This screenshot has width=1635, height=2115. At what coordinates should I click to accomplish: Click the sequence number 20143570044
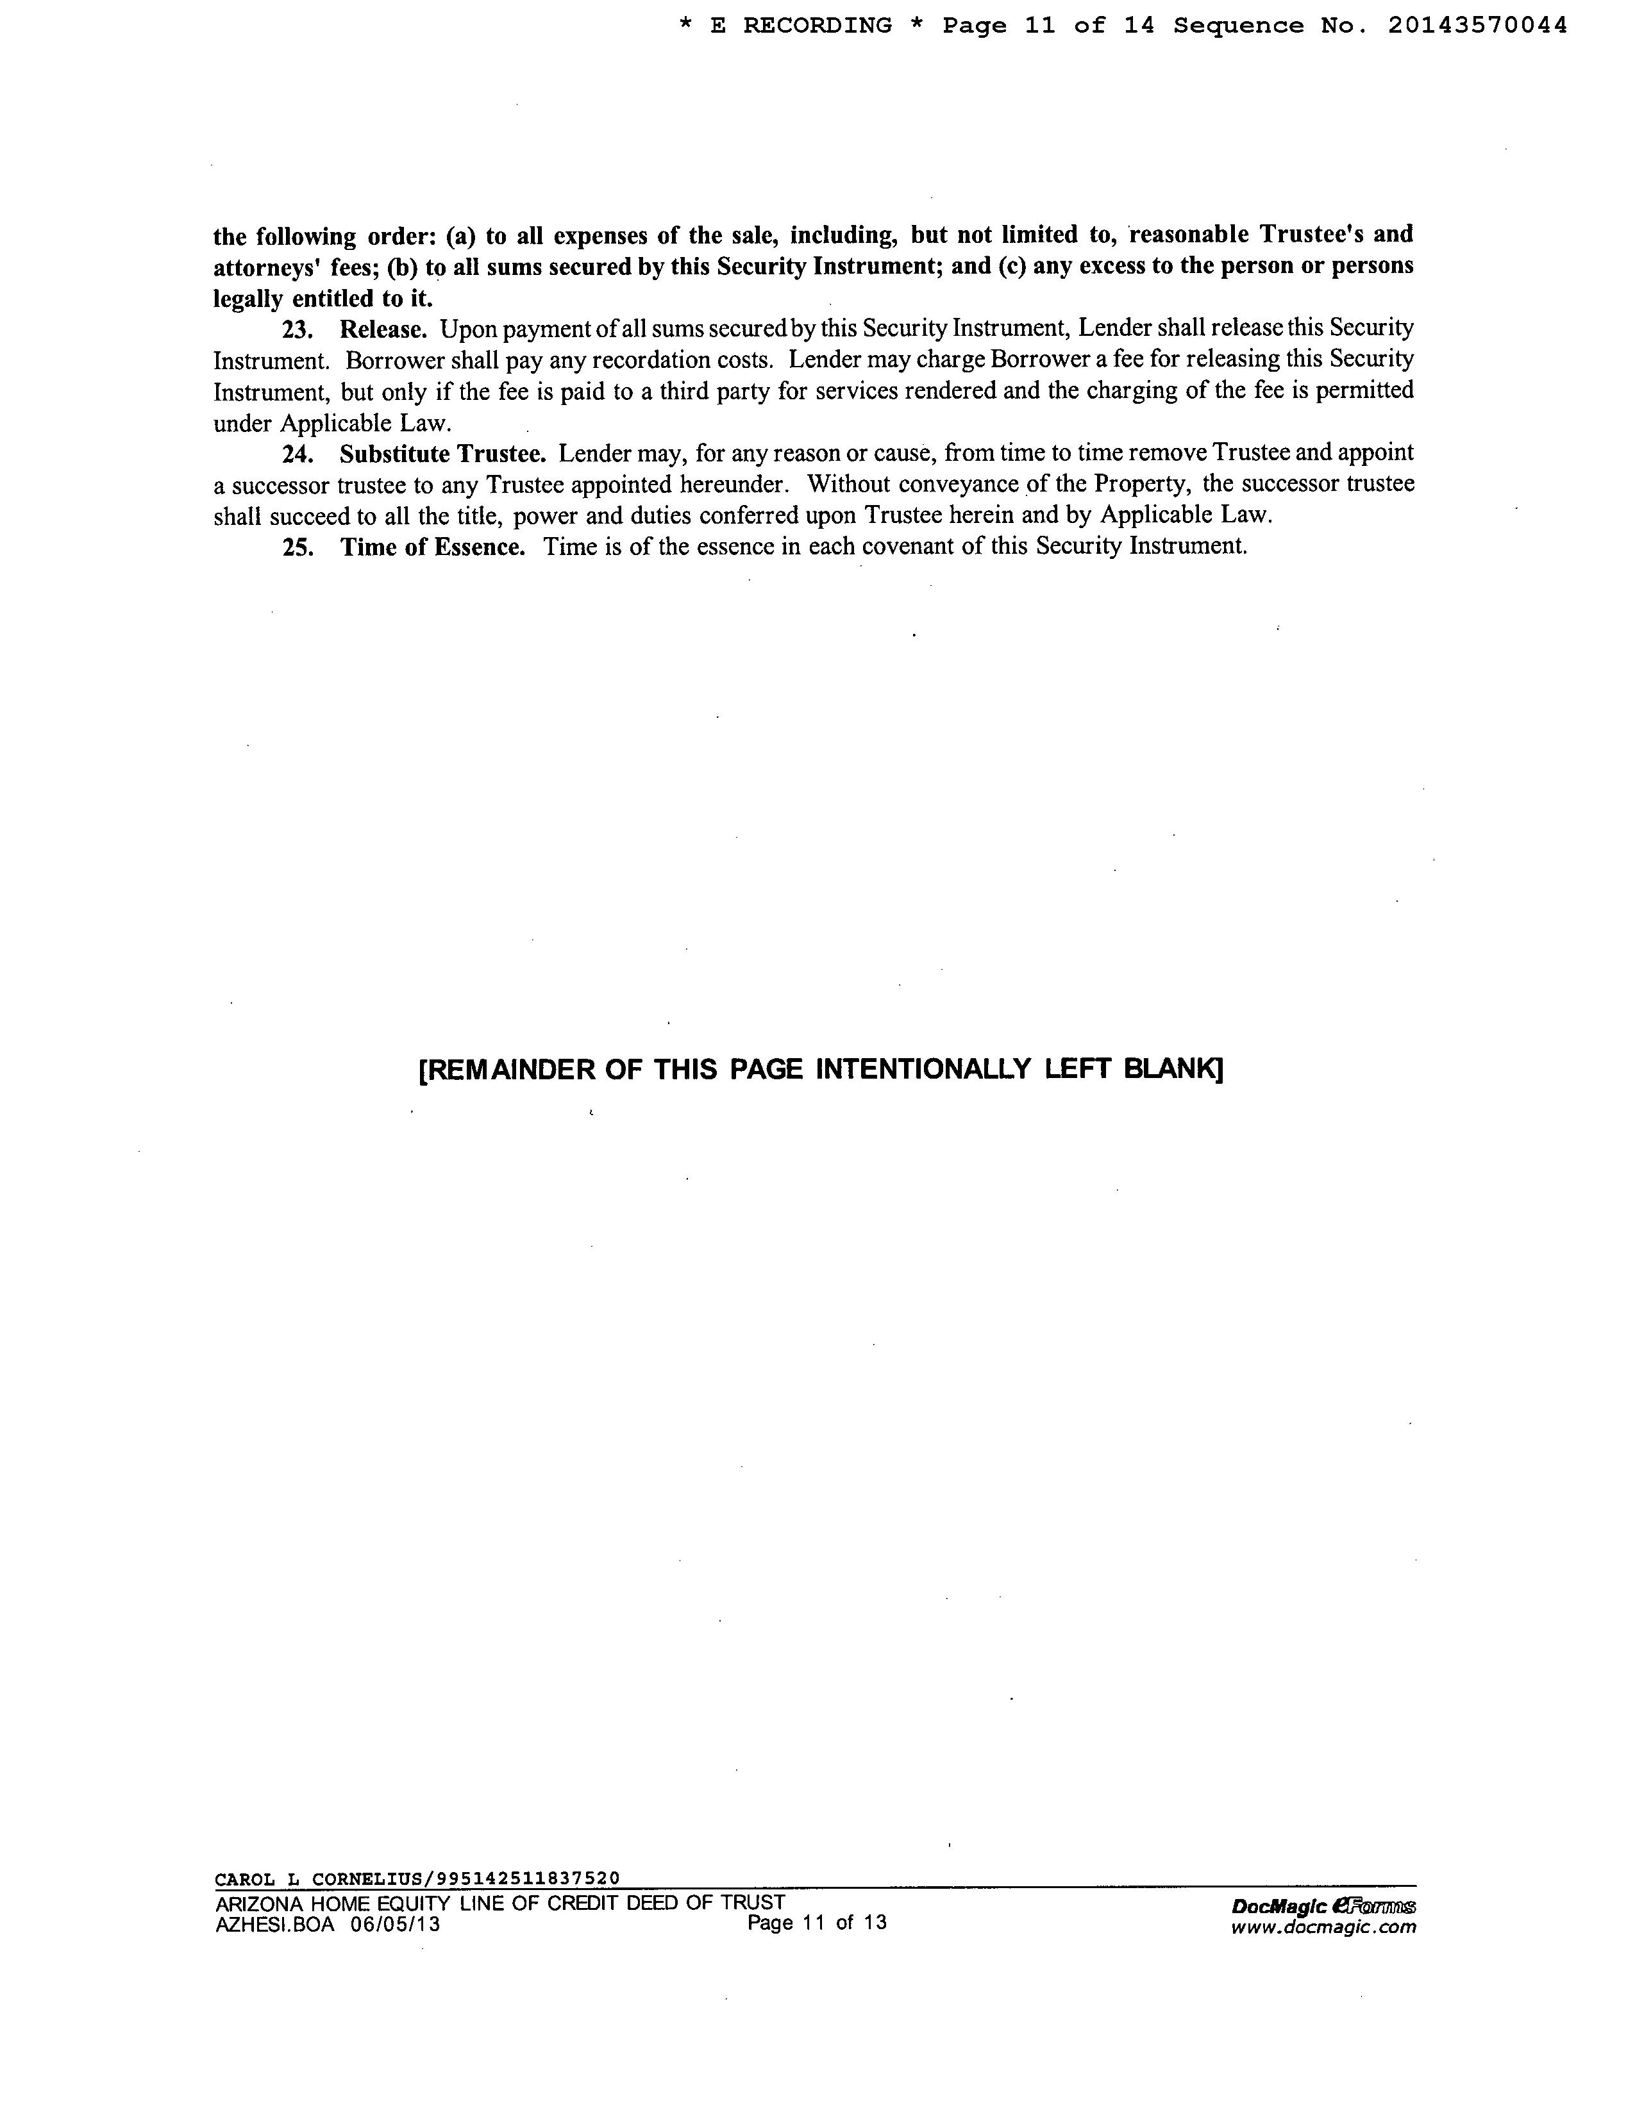[x=1477, y=26]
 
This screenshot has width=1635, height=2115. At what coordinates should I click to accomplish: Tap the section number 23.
[x=296, y=330]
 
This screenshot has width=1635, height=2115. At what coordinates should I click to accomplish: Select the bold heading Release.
[x=383, y=330]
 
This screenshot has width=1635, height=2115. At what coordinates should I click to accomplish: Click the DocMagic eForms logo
[x=1323, y=1907]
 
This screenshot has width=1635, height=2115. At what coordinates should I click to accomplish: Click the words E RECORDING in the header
[x=801, y=26]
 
